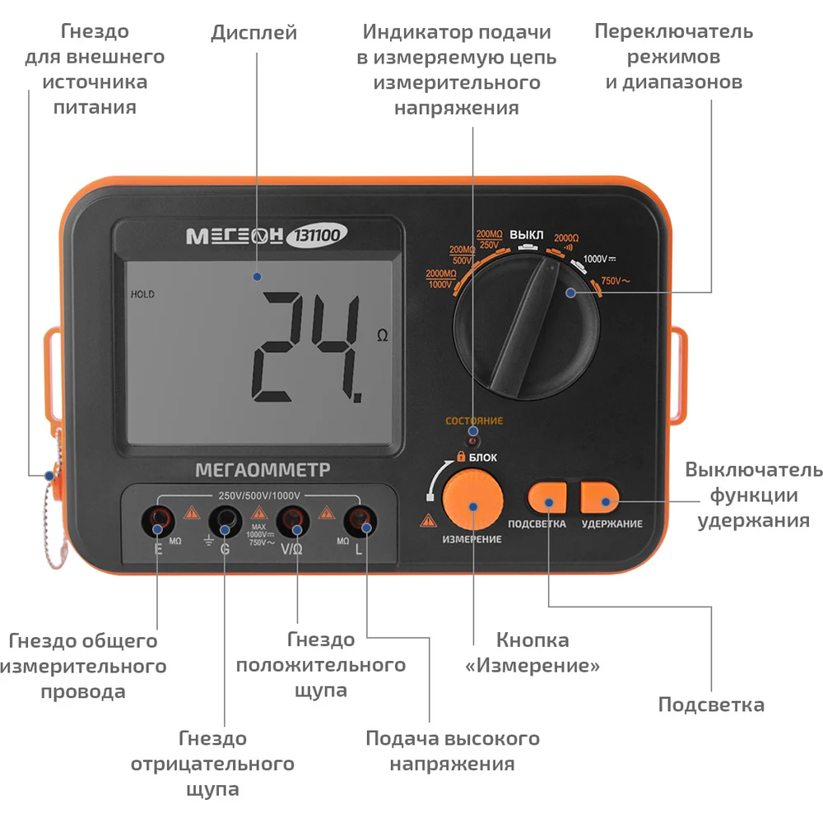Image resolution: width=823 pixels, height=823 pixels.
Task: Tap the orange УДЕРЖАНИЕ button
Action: pyautogui.click(x=599, y=498)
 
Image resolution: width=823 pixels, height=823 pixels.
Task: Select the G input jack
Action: pyautogui.click(x=226, y=521)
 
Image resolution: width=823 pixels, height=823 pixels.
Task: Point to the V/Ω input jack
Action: pyautogui.click(x=293, y=521)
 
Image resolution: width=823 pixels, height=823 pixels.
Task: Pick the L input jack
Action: pyautogui.click(x=360, y=521)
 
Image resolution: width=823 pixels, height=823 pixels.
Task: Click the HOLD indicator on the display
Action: pyautogui.click(x=142, y=295)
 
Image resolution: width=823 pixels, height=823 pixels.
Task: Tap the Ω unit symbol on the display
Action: pyautogui.click(x=383, y=336)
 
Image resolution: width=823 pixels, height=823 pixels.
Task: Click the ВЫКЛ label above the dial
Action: pyautogui.click(x=527, y=235)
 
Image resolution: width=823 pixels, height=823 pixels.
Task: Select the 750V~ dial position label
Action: pyautogui.click(x=615, y=281)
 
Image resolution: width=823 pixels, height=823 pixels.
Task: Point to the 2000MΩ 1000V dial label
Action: pyautogui.click(x=441, y=279)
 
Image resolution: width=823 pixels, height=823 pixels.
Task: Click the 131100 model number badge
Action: pyautogui.click(x=317, y=235)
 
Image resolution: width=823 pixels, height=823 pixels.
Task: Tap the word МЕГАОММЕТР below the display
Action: pyautogui.click(x=263, y=470)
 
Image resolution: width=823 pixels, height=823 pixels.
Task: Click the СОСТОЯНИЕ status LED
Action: pyautogui.click(x=473, y=439)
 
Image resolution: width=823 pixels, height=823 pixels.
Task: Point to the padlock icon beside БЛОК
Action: pyautogui.click(x=461, y=456)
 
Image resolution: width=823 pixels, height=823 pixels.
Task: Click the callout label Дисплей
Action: pyautogui.click(x=254, y=33)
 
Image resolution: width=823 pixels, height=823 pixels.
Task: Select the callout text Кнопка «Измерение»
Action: pyautogui.click(x=532, y=653)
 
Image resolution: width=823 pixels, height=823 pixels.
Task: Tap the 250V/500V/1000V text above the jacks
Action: pyautogui.click(x=259, y=495)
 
